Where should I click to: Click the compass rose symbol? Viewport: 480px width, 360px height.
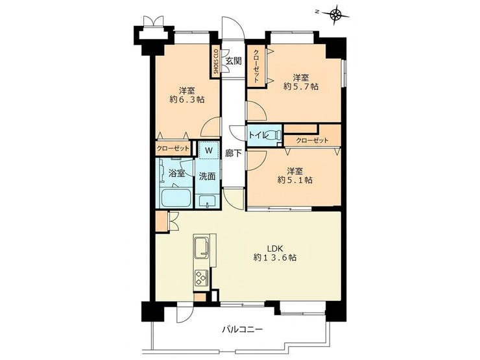[336, 14]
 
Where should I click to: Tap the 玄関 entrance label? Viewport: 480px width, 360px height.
[234, 61]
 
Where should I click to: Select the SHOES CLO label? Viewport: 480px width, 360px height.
[215, 62]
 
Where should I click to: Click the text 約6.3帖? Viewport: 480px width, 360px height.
[187, 99]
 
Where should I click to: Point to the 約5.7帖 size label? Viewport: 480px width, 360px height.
[300, 87]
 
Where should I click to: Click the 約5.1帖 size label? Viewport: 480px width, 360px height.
[294, 180]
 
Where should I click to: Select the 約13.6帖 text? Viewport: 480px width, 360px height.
[275, 258]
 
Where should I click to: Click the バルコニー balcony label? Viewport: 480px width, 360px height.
[242, 330]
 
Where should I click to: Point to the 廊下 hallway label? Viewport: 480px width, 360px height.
[234, 153]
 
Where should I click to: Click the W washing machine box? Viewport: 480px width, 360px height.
[209, 150]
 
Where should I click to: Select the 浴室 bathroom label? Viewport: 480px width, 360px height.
[176, 174]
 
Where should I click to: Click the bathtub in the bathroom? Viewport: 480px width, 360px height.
[176, 198]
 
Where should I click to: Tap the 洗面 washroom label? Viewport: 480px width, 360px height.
[208, 176]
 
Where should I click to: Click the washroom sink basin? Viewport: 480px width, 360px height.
[208, 202]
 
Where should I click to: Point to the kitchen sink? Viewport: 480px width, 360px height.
[202, 246]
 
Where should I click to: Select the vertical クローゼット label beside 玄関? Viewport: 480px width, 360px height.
[256, 66]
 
